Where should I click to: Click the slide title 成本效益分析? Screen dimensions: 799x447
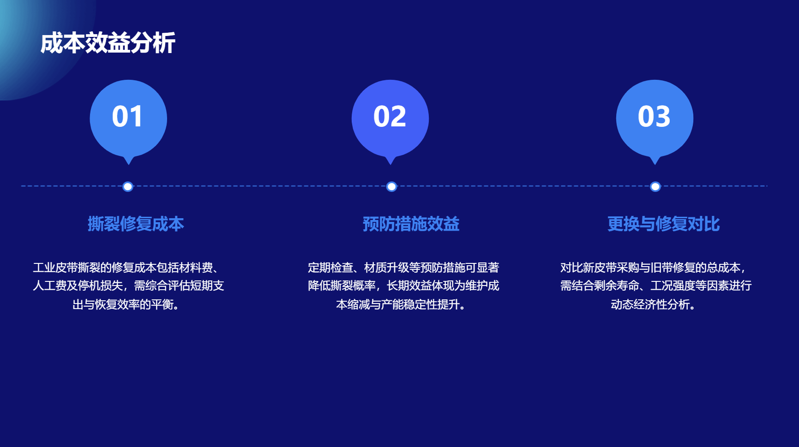point(108,43)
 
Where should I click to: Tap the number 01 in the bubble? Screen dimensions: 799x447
point(127,116)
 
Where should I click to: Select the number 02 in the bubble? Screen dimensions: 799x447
point(390,116)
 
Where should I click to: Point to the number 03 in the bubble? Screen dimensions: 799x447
point(654,116)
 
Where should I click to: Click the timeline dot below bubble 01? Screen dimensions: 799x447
point(128,186)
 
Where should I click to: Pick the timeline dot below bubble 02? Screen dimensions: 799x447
point(391,186)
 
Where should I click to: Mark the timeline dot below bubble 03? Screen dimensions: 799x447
point(655,186)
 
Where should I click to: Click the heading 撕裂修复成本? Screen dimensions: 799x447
point(136,224)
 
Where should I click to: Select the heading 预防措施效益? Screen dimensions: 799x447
point(411,224)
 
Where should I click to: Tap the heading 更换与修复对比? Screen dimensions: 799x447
point(663,224)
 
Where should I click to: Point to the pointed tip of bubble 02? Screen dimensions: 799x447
point(390,164)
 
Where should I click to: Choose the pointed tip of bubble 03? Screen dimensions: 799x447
point(655,164)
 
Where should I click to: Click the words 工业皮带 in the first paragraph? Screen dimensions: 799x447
point(55,268)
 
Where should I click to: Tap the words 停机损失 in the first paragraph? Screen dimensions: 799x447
point(101,286)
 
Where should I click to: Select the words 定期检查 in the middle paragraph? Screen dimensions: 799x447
point(330,268)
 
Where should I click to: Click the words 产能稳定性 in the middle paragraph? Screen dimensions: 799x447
point(409,304)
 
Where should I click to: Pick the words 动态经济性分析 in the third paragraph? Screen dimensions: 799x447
point(650,304)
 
